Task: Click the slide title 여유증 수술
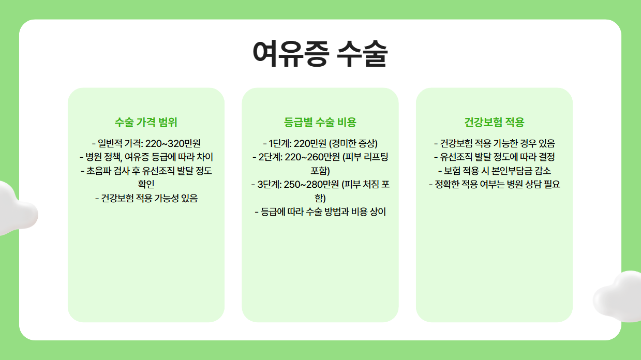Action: point(320,54)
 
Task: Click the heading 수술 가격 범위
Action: point(146,123)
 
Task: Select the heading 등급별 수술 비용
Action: point(320,123)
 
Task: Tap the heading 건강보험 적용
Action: point(494,123)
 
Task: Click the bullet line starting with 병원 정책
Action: point(146,157)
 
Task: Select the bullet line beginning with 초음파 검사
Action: point(146,171)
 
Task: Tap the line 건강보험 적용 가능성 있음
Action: point(146,198)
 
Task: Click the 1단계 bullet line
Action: point(320,144)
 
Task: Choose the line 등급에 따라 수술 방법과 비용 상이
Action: point(320,212)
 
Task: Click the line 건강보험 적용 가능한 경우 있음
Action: point(494,144)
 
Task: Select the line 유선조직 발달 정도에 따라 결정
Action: point(494,157)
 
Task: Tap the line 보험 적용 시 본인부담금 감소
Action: point(494,171)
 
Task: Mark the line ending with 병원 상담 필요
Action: point(494,184)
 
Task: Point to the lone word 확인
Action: point(146,184)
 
